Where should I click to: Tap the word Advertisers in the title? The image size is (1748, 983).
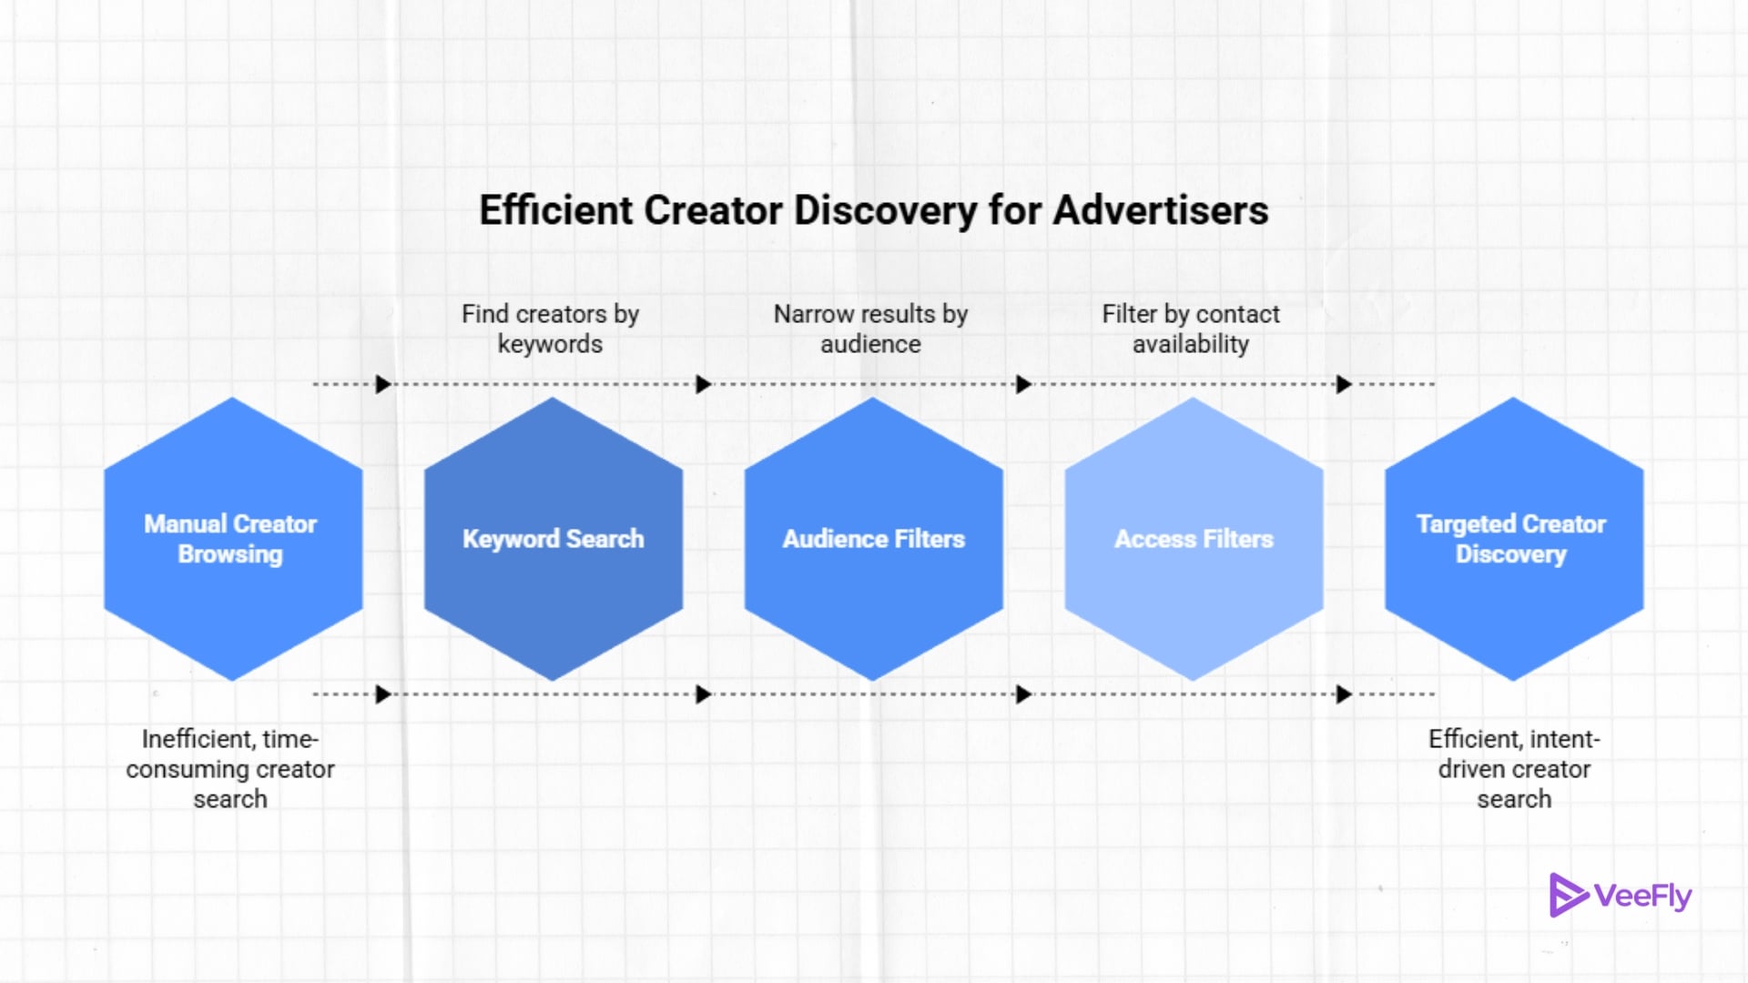(1161, 210)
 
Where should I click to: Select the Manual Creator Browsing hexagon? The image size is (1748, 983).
(233, 539)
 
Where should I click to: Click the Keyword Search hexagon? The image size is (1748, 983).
(554, 539)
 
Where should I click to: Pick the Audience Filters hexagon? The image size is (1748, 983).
(874, 539)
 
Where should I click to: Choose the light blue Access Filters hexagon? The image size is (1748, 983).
(1194, 539)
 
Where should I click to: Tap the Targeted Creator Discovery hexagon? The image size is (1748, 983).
(1513, 539)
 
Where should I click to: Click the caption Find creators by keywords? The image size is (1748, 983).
(550, 329)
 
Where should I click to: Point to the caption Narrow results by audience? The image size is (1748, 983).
(870, 329)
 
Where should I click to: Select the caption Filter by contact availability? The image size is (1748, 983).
(1191, 329)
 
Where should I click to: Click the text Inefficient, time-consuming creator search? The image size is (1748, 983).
(230, 769)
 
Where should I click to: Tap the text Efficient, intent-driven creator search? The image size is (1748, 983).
(1514, 769)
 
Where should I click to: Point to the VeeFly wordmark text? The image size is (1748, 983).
(1643, 897)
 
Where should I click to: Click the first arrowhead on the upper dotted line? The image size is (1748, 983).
(383, 384)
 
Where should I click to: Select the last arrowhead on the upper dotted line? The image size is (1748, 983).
(1344, 384)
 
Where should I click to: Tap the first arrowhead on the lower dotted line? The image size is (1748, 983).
(383, 694)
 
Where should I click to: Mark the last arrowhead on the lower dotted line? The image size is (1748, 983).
(1344, 694)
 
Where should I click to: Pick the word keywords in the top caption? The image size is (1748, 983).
(550, 344)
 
